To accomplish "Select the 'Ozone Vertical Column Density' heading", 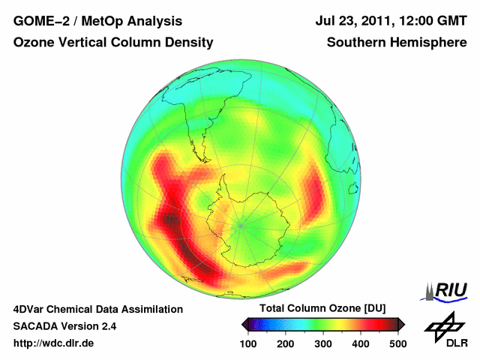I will (x=113, y=43).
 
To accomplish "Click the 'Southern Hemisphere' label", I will (x=397, y=43).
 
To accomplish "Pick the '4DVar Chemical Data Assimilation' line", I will (x=98, y=309).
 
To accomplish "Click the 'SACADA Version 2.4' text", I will (x=64, y=326).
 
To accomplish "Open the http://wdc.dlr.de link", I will (x=54, y=343).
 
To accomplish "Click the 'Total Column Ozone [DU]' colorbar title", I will (x=322, y=309).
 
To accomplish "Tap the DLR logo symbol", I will (x=443, y=325).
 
